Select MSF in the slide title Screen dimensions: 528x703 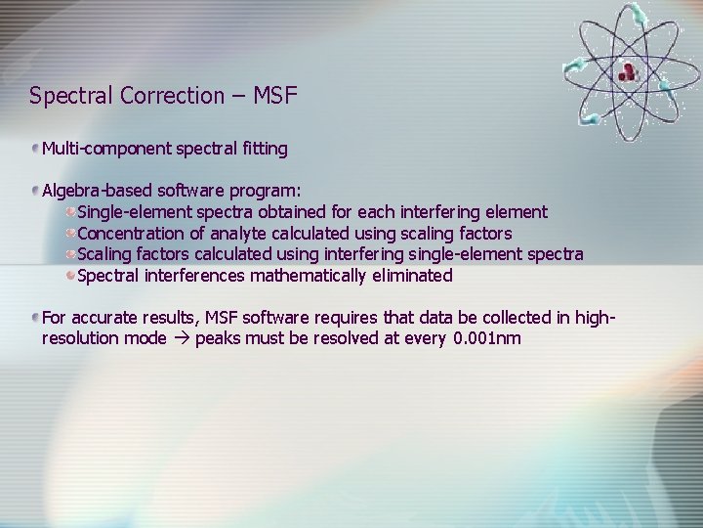coord(274,96)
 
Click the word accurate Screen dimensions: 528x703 coord(105,319)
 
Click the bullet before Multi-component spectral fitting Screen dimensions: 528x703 coord(35,149)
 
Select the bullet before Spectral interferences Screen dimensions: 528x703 coord(70,276)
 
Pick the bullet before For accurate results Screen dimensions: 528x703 coord(35,319)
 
